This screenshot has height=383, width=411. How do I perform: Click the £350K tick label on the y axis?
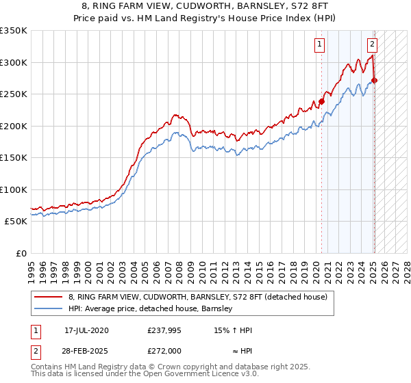click(x=13, y=31)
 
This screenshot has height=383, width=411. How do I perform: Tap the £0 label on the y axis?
click(x=18, y=253)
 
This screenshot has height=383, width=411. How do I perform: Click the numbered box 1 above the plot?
click(x=319, y=45)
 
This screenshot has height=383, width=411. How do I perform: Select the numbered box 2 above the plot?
click(x=372, y=45)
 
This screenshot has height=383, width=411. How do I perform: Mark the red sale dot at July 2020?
click(x=321, y=102)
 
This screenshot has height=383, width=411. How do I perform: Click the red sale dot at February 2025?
click(x=374, y=80)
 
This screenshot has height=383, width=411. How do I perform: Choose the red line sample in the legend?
click(x=49, y=297)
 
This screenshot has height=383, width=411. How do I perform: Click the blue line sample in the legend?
click(x=49, y=309)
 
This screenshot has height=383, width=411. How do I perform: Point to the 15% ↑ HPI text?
click(x=231, y=330)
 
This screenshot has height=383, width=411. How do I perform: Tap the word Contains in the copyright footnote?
click(x=49, y=367)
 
